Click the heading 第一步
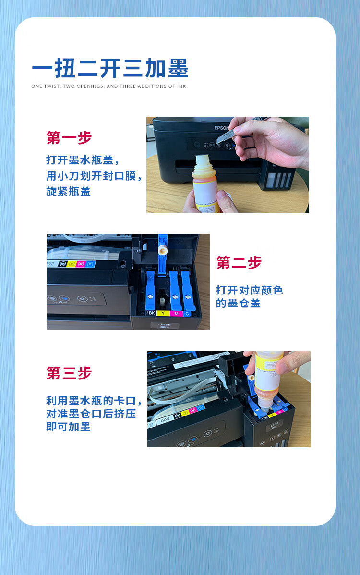coord(69,138)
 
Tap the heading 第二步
coord(239,263)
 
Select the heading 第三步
coord(69,373)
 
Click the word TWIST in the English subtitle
coord(52,86)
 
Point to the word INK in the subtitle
coord(181,86)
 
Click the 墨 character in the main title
coord(178,68)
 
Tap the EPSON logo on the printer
coord(221,128)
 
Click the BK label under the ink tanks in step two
coord(151,313)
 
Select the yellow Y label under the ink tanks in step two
coord(163,313)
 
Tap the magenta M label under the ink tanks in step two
coord(176,314)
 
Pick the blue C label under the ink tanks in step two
coord(187,314)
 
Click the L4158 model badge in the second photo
coord(164,325)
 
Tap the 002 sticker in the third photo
coord(165,419)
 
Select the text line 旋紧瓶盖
coord(69,191)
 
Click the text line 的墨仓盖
coord(238,303)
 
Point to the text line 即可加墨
coord(69,427)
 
